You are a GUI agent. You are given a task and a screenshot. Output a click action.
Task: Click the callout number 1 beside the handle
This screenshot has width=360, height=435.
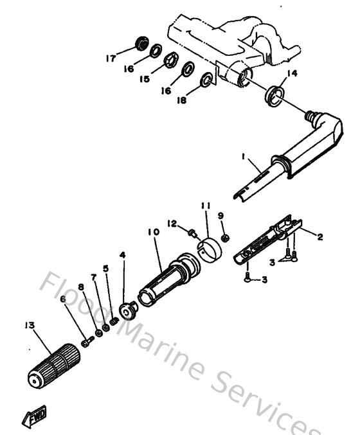pos(244,155)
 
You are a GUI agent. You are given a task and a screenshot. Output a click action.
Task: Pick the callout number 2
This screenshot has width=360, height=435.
pos(320,236)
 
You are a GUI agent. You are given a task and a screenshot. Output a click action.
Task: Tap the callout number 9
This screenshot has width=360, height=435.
pos(221,215)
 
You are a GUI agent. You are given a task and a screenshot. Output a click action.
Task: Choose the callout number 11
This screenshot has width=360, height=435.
pos(204,206)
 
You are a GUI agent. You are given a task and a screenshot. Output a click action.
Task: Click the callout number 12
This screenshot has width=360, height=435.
pos(172,223)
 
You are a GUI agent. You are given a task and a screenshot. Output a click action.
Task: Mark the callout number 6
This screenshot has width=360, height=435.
pos(62,299)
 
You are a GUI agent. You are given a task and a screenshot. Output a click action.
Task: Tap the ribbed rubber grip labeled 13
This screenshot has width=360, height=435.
pos(55,365)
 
